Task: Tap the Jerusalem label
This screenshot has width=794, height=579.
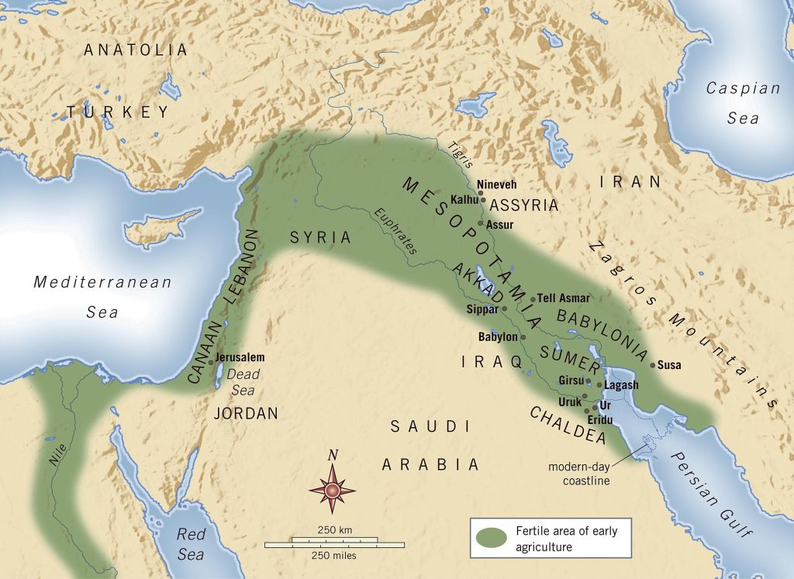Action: click(x=240, y=357)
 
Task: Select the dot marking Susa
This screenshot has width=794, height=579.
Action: click(x=653, y=364)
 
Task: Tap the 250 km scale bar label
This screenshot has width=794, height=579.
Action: click(x=334, y=529)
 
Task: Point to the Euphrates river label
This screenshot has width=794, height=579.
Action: click(x=396, y=232)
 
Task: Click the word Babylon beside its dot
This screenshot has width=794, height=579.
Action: click(x=497, y=337)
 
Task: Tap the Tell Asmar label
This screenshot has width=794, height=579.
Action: click(x=564, y=298)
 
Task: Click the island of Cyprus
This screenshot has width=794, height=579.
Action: click(x=159, y=228)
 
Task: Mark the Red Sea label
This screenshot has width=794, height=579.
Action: click(x=190, y=543)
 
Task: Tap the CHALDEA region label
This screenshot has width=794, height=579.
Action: click(x=568, y=426)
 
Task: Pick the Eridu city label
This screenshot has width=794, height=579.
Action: click(x=599, y=419)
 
